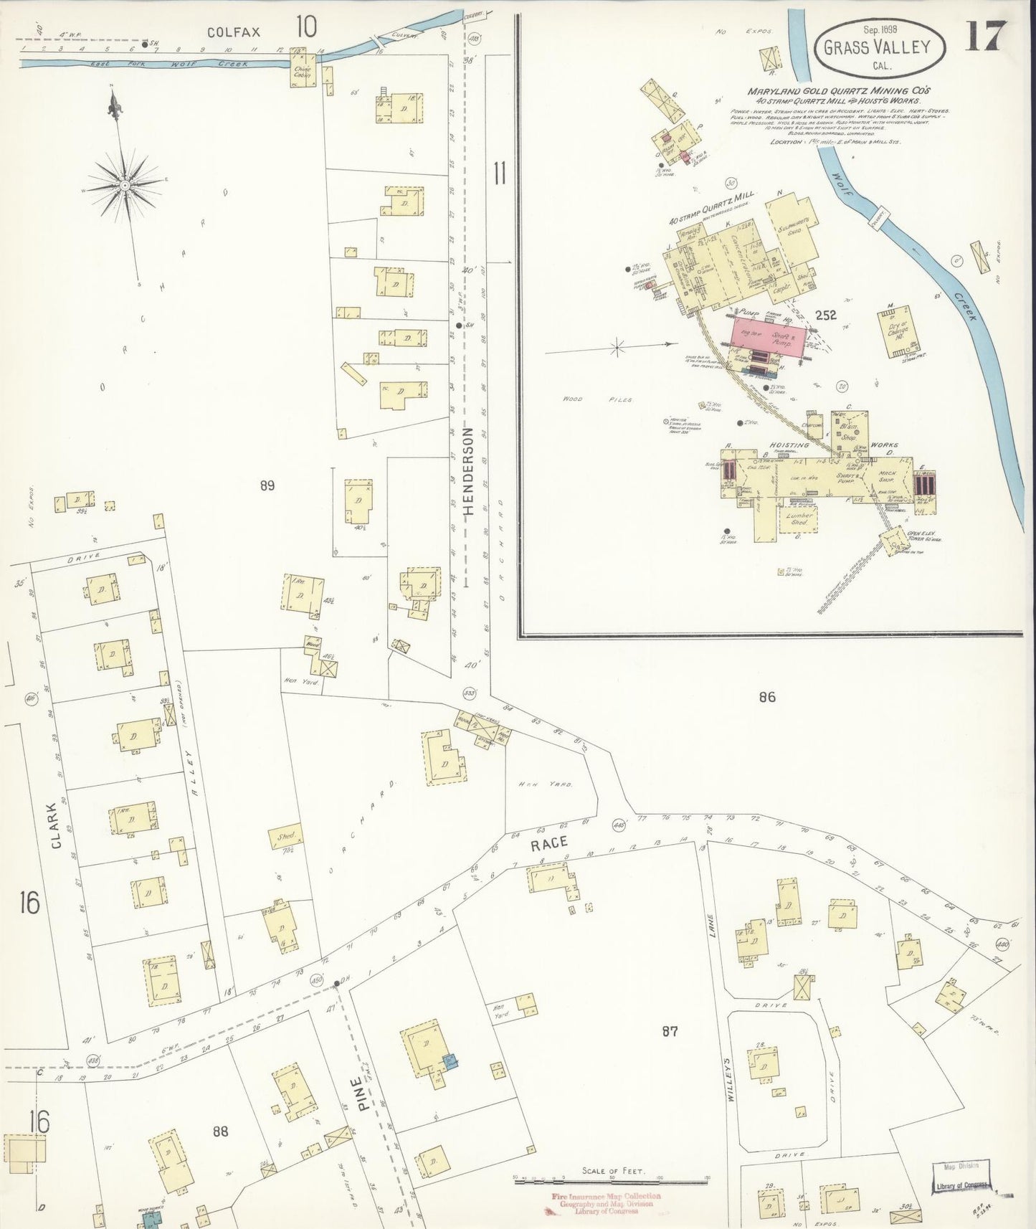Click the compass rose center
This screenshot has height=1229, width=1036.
coord(125,185)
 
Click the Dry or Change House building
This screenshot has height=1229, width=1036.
coord(896,331)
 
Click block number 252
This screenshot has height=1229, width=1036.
coord(825,315)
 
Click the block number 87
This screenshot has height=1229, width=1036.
coord(670,1031)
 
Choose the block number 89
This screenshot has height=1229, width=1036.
coord(267,486)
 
